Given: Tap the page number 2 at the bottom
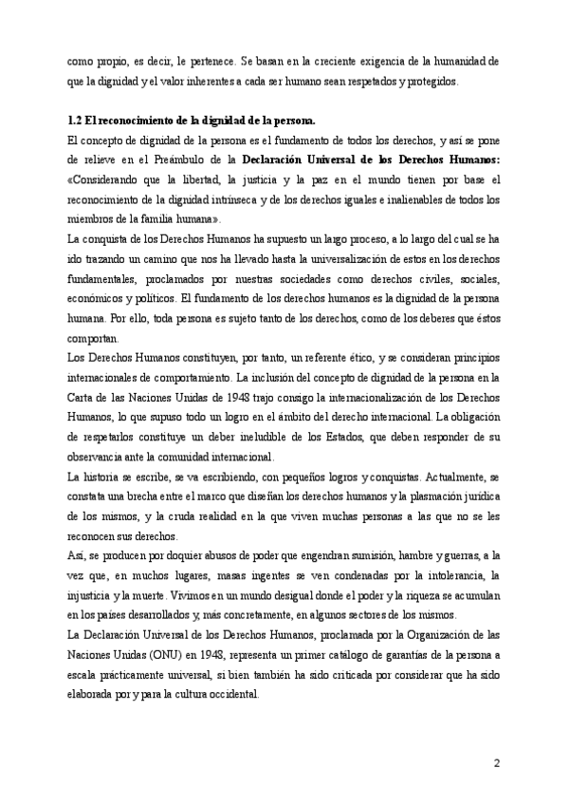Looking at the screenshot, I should (497, 762).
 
